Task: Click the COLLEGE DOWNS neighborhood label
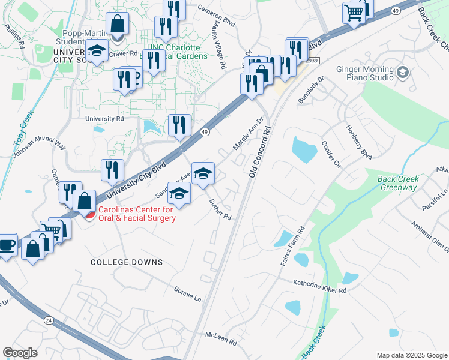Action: pos(127,262)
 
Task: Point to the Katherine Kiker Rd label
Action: pos(320,286)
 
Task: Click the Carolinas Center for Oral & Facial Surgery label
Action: pos(137,214)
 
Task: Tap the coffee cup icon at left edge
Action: pos(7,245)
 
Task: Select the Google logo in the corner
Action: pos(20,352)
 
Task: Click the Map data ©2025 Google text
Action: pos(412,355)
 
